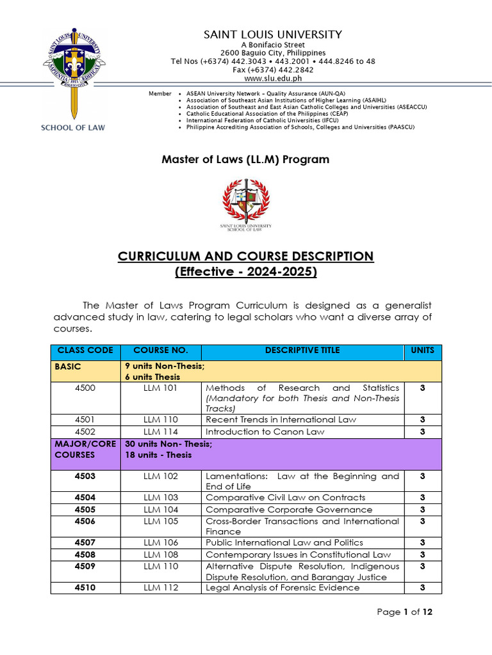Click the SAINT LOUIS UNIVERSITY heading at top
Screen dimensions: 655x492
pos(273,35)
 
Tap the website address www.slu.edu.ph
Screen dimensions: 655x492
pos(273,78)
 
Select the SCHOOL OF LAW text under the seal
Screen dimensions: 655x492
pos(73,127)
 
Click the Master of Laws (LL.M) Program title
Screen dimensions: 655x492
pos(245,159)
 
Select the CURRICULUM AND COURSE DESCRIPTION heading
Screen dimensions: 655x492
pos(245,256)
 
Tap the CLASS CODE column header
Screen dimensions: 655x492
pos(85,351)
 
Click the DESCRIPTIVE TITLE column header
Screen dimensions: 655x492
pos(302,351)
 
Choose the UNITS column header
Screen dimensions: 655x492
pos(422,351)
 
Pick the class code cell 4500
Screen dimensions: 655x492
pos(85,388)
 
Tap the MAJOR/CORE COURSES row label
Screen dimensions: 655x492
pos(76,449)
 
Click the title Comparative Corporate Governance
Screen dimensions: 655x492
pos(289,510)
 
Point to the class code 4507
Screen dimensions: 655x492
pos(85,542)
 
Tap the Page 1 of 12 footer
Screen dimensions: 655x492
pos(405,612)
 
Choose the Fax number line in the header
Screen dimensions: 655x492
pos(273,70)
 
